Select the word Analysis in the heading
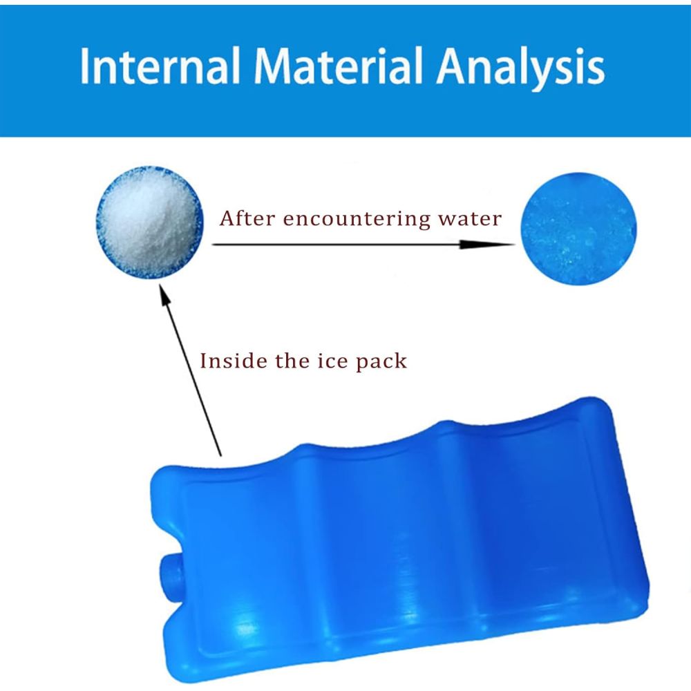[x=521, y=68]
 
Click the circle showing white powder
[x=150, y=223]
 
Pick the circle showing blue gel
[x=578, y=228]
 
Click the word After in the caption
[x=247, y=218]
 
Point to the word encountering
[x=356, y=219]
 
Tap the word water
[x=470, y=219]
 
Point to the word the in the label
[x=292, y=361]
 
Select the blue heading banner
[x=345, y=70]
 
